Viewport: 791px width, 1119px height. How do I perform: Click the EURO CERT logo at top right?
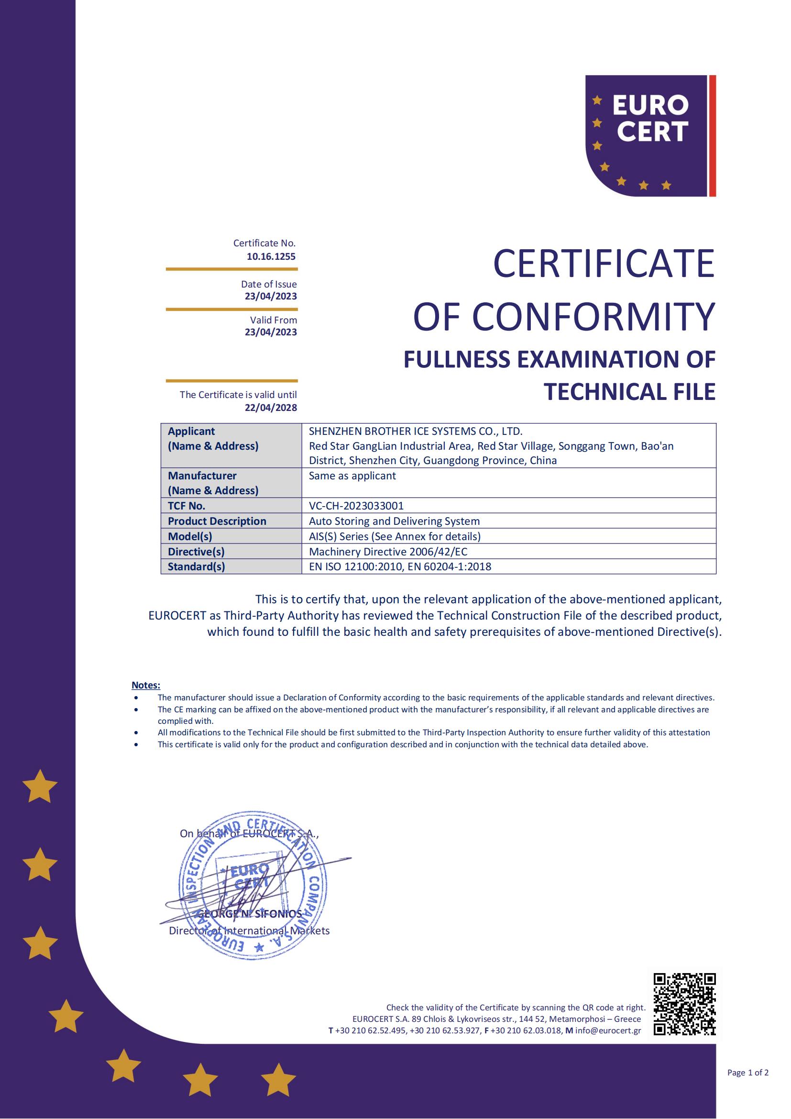point(650,135)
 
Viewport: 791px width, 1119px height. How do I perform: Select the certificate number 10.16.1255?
point(271,256)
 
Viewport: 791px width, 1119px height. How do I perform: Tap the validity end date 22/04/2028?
point(271,408)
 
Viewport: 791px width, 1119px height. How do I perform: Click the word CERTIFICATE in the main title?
point(604,264)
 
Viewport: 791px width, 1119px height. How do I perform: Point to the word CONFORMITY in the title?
point(593,317)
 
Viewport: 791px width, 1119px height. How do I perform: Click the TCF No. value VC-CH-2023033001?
point(356,505)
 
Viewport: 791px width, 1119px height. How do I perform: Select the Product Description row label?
point(217,521)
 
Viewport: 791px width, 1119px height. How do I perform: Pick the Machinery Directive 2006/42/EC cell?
point(388,551)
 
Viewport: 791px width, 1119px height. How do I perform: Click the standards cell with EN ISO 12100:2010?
point(400,566)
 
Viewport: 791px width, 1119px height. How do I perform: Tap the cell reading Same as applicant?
point(352,476)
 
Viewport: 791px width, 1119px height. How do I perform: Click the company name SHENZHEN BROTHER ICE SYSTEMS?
point(415,431)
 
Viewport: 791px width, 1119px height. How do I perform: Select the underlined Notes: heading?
point(146,685)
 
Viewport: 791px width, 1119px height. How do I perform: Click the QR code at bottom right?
point(684,1004)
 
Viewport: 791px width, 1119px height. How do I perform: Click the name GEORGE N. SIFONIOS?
point(249,914)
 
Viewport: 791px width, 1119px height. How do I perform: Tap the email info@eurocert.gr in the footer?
point(608,1030)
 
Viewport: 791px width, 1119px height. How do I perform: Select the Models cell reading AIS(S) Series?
point(395,536)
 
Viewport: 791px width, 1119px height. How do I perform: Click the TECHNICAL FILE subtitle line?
point(629,392)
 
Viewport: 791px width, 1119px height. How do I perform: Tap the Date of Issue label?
point(268,284)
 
